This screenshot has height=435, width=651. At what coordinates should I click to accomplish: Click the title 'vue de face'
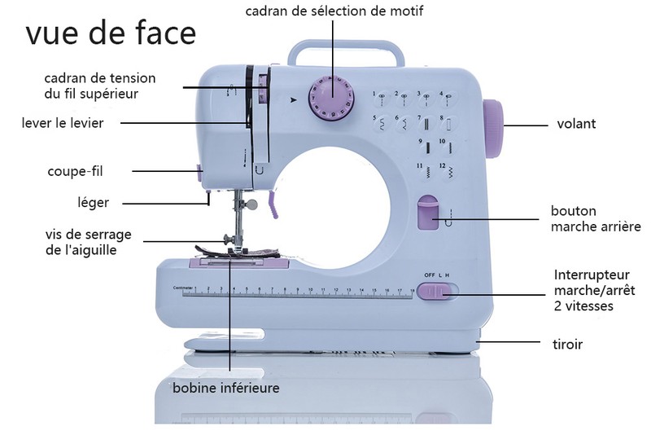[x=111, y=33]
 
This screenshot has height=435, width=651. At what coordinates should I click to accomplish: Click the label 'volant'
[x=576, y=125]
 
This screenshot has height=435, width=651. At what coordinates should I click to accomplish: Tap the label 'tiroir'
[x=567, y=344]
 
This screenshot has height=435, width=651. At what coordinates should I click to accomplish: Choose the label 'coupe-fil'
[x=75, y=171]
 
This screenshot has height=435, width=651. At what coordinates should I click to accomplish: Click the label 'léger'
[x=93, y=202]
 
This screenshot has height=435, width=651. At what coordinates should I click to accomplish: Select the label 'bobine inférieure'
[x=225, y=388]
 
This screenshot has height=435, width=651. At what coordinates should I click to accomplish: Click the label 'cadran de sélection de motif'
[x=334, y=11]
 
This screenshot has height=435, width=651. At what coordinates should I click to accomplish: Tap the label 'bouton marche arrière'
[x=595, y=218]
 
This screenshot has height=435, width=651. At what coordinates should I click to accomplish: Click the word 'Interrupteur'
[x=593, y=275]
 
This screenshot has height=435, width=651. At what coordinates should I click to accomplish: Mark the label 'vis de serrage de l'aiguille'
[x=88, y=243]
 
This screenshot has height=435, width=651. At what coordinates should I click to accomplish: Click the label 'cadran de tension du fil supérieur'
[x=99, y=86]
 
